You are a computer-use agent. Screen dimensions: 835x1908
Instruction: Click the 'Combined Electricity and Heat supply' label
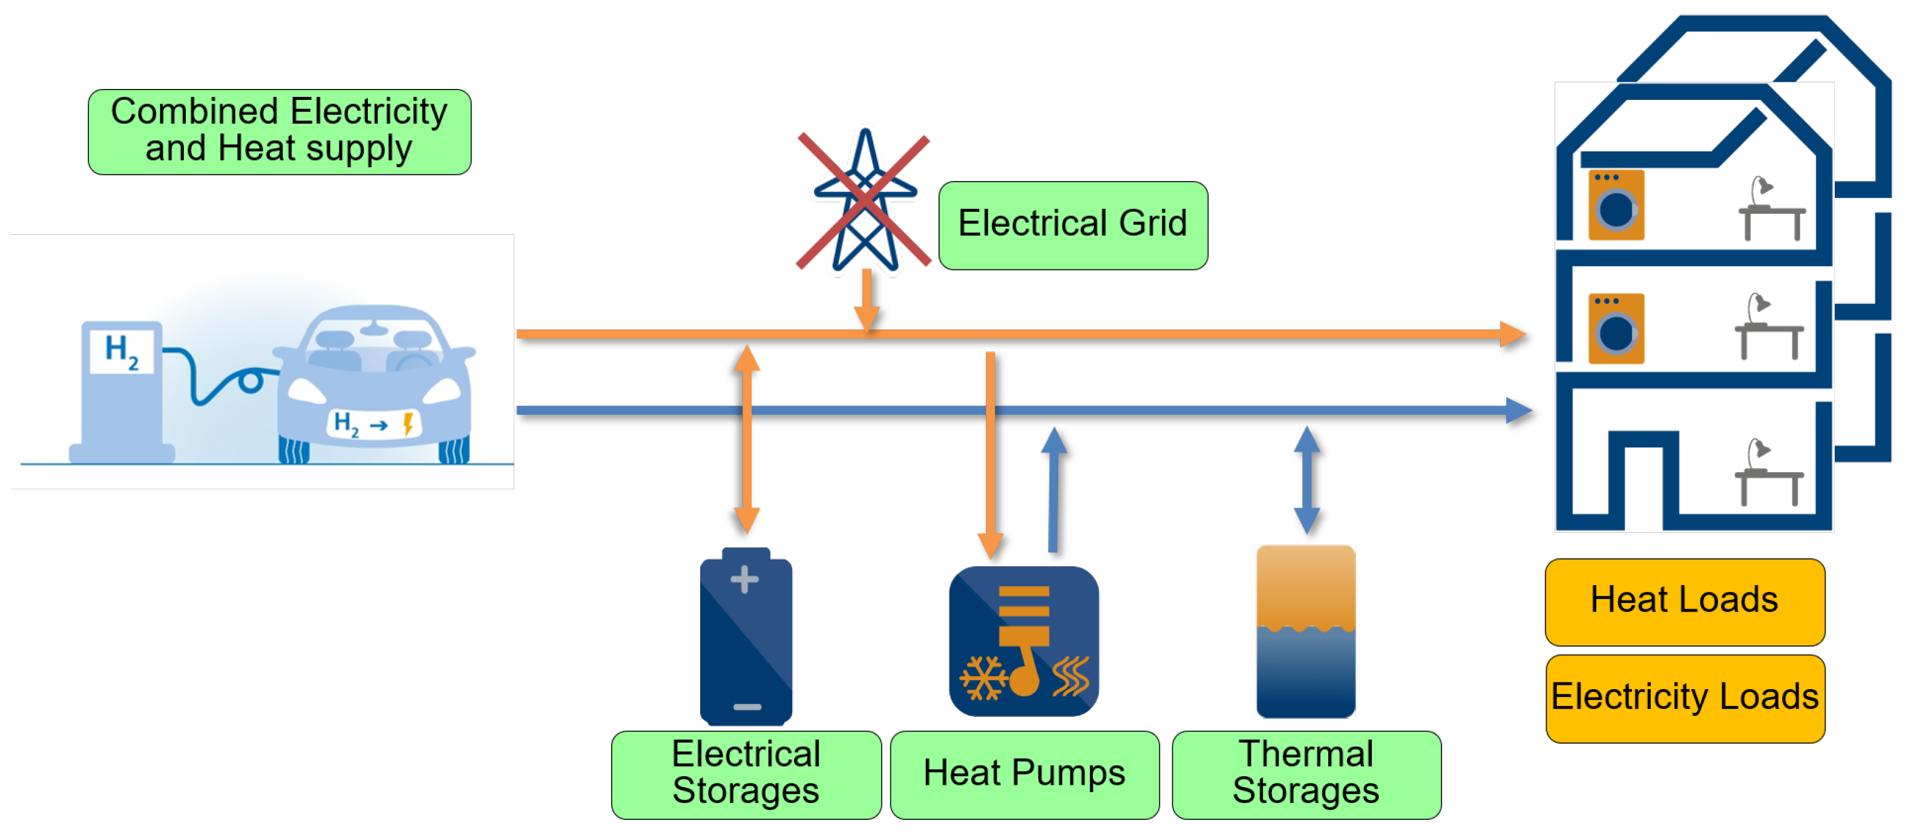(279, 131)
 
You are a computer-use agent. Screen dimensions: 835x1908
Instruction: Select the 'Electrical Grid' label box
(1072, 225)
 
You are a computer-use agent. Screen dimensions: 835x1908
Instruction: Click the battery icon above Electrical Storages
(746, 637)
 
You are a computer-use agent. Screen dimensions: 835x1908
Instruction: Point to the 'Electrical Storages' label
(746, 773)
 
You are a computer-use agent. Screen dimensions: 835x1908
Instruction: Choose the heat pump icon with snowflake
(1024, 641)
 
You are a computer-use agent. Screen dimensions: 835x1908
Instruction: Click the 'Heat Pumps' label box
(1024, 773)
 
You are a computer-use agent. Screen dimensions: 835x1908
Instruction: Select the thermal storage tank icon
(1306, 632)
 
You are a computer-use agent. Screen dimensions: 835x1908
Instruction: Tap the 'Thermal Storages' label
(1306, 773)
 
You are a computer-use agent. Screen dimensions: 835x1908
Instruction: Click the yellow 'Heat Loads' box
(1684, 601)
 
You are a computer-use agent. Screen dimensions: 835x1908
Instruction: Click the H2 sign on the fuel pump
(122, 350)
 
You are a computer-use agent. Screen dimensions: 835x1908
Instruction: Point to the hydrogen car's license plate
(374, 424)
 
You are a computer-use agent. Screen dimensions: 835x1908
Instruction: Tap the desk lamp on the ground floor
(1760, 452)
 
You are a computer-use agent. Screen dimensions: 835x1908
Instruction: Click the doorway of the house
(1644, 485)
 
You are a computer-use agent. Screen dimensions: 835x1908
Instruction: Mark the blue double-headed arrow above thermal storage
(1306, 480)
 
